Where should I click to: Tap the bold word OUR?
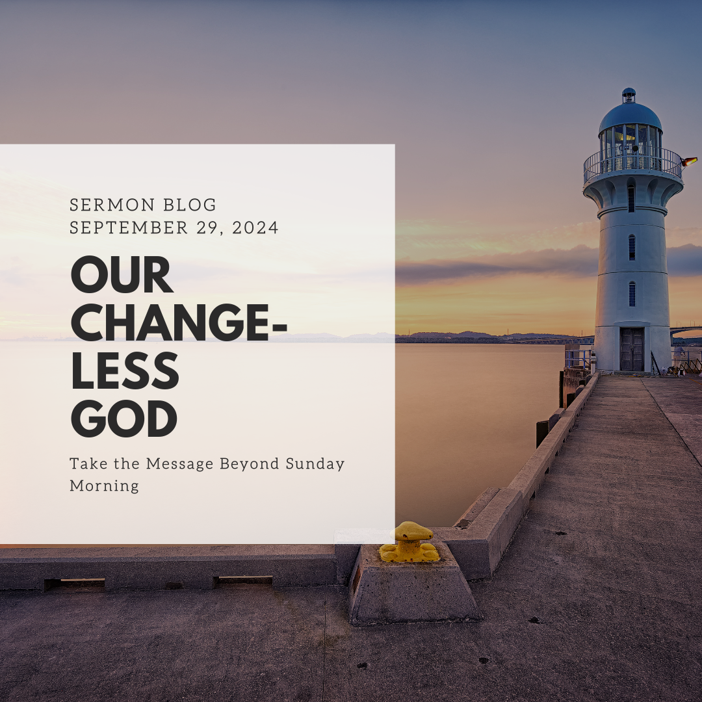coord(122,275)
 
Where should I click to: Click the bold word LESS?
coord(125,371)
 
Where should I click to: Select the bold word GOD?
coord(124,419)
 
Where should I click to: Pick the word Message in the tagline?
coord(179,464)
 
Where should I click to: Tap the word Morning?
coord(104,486)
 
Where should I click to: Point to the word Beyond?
coord(250,464)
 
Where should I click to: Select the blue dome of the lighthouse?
coord(630,116)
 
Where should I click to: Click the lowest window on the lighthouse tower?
coord(632,294)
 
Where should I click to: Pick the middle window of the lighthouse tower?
coord(632,247)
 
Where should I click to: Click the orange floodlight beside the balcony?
coord(690,161)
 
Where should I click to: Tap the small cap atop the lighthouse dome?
coord(629,95)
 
